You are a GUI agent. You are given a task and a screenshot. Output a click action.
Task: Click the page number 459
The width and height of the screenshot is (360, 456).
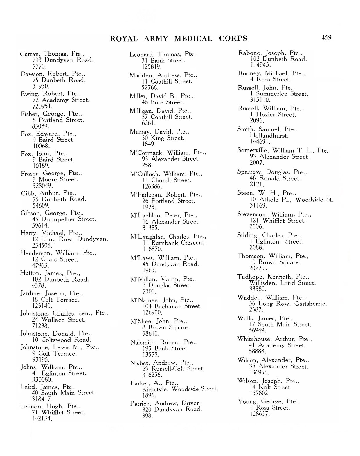[326, 37]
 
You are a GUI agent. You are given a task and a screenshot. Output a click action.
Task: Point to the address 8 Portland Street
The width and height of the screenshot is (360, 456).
[58, 120]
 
